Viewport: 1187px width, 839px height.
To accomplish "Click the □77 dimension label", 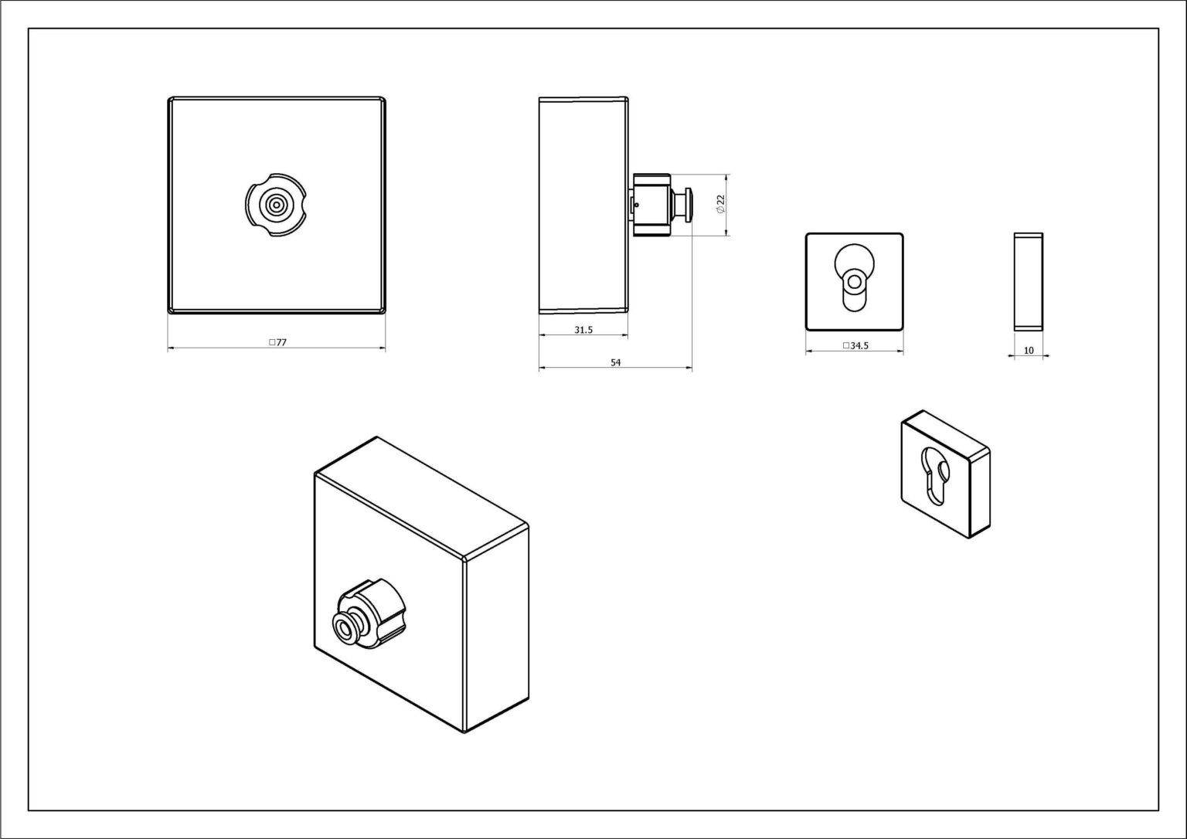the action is point(277,343).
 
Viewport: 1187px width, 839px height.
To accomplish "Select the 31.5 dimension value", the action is point(583,330).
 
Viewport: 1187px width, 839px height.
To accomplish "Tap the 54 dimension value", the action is point(615,363).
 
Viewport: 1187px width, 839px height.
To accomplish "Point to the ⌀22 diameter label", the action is point(720,204).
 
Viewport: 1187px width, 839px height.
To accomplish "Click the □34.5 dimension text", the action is point(855,346).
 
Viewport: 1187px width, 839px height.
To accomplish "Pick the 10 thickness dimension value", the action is point(1029,351).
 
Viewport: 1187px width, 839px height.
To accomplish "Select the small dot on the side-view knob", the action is point(636,205).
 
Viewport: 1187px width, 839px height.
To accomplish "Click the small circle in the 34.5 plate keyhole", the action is point(854,281).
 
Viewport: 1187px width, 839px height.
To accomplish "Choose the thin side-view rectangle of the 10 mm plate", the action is point(1029,282).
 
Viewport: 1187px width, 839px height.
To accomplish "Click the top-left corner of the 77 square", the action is point(168,97).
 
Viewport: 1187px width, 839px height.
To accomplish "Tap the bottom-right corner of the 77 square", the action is point(386,314).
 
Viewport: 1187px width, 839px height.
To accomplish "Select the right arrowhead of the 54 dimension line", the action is point(689,368).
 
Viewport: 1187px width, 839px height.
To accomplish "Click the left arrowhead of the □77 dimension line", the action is point(171,348).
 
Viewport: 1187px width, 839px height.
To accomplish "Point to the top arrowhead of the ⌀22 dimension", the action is point(726,177).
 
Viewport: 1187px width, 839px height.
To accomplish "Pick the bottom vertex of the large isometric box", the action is point(464,733).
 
